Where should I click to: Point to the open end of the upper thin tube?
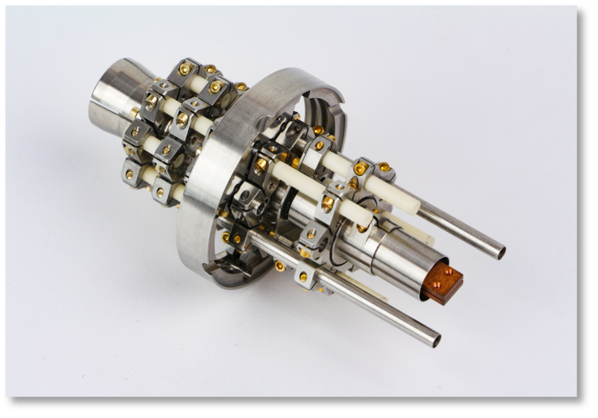coord(500,253)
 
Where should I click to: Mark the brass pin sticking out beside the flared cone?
coord(135,111)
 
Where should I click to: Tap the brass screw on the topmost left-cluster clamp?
coord(185,69)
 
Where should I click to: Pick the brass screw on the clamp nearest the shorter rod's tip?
coord(328,204)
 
